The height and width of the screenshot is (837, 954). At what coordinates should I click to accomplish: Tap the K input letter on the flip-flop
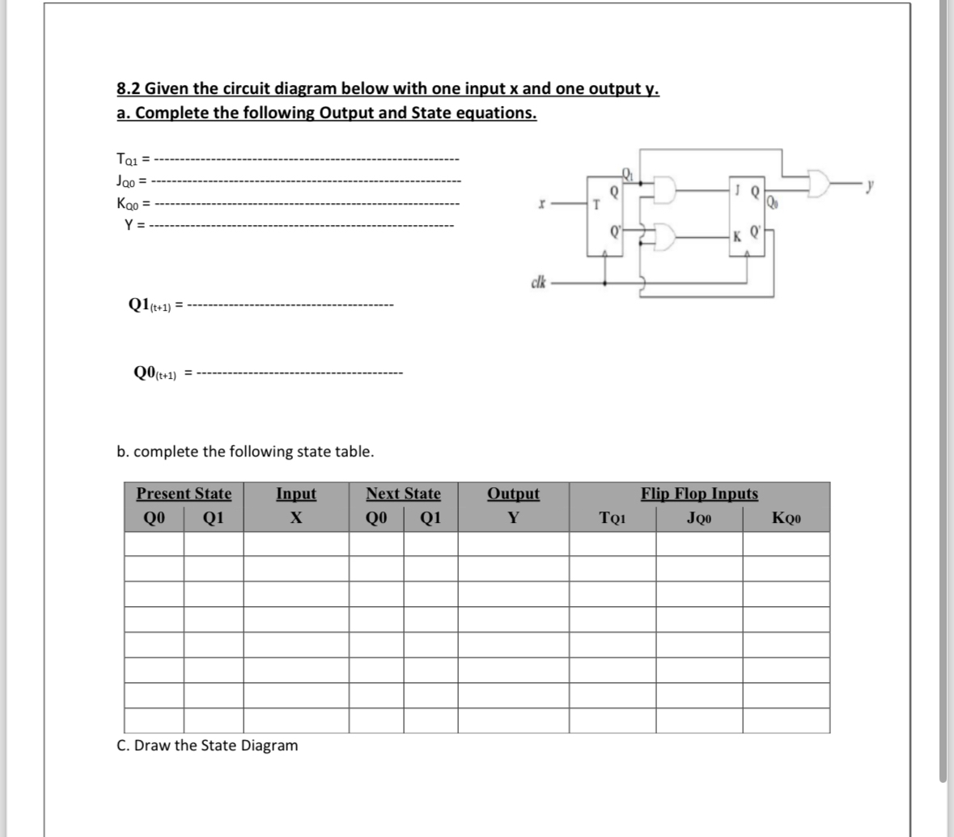click(736, 236)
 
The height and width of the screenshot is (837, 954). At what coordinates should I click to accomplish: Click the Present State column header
click(184, 494)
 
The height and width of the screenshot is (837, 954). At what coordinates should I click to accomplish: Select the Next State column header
click(403, 494)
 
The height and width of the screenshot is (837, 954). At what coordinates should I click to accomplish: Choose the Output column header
click(513, 494)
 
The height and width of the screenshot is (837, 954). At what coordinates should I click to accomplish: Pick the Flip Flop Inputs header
click(699, 494)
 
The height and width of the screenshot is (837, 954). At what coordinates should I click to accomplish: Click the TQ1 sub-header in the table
click(612, 519)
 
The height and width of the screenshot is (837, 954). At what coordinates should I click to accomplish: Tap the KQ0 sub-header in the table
click(786, 519)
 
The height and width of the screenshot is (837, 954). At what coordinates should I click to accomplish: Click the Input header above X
click(296, 494)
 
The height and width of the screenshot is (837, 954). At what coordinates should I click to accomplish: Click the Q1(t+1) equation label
click(149, 304)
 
